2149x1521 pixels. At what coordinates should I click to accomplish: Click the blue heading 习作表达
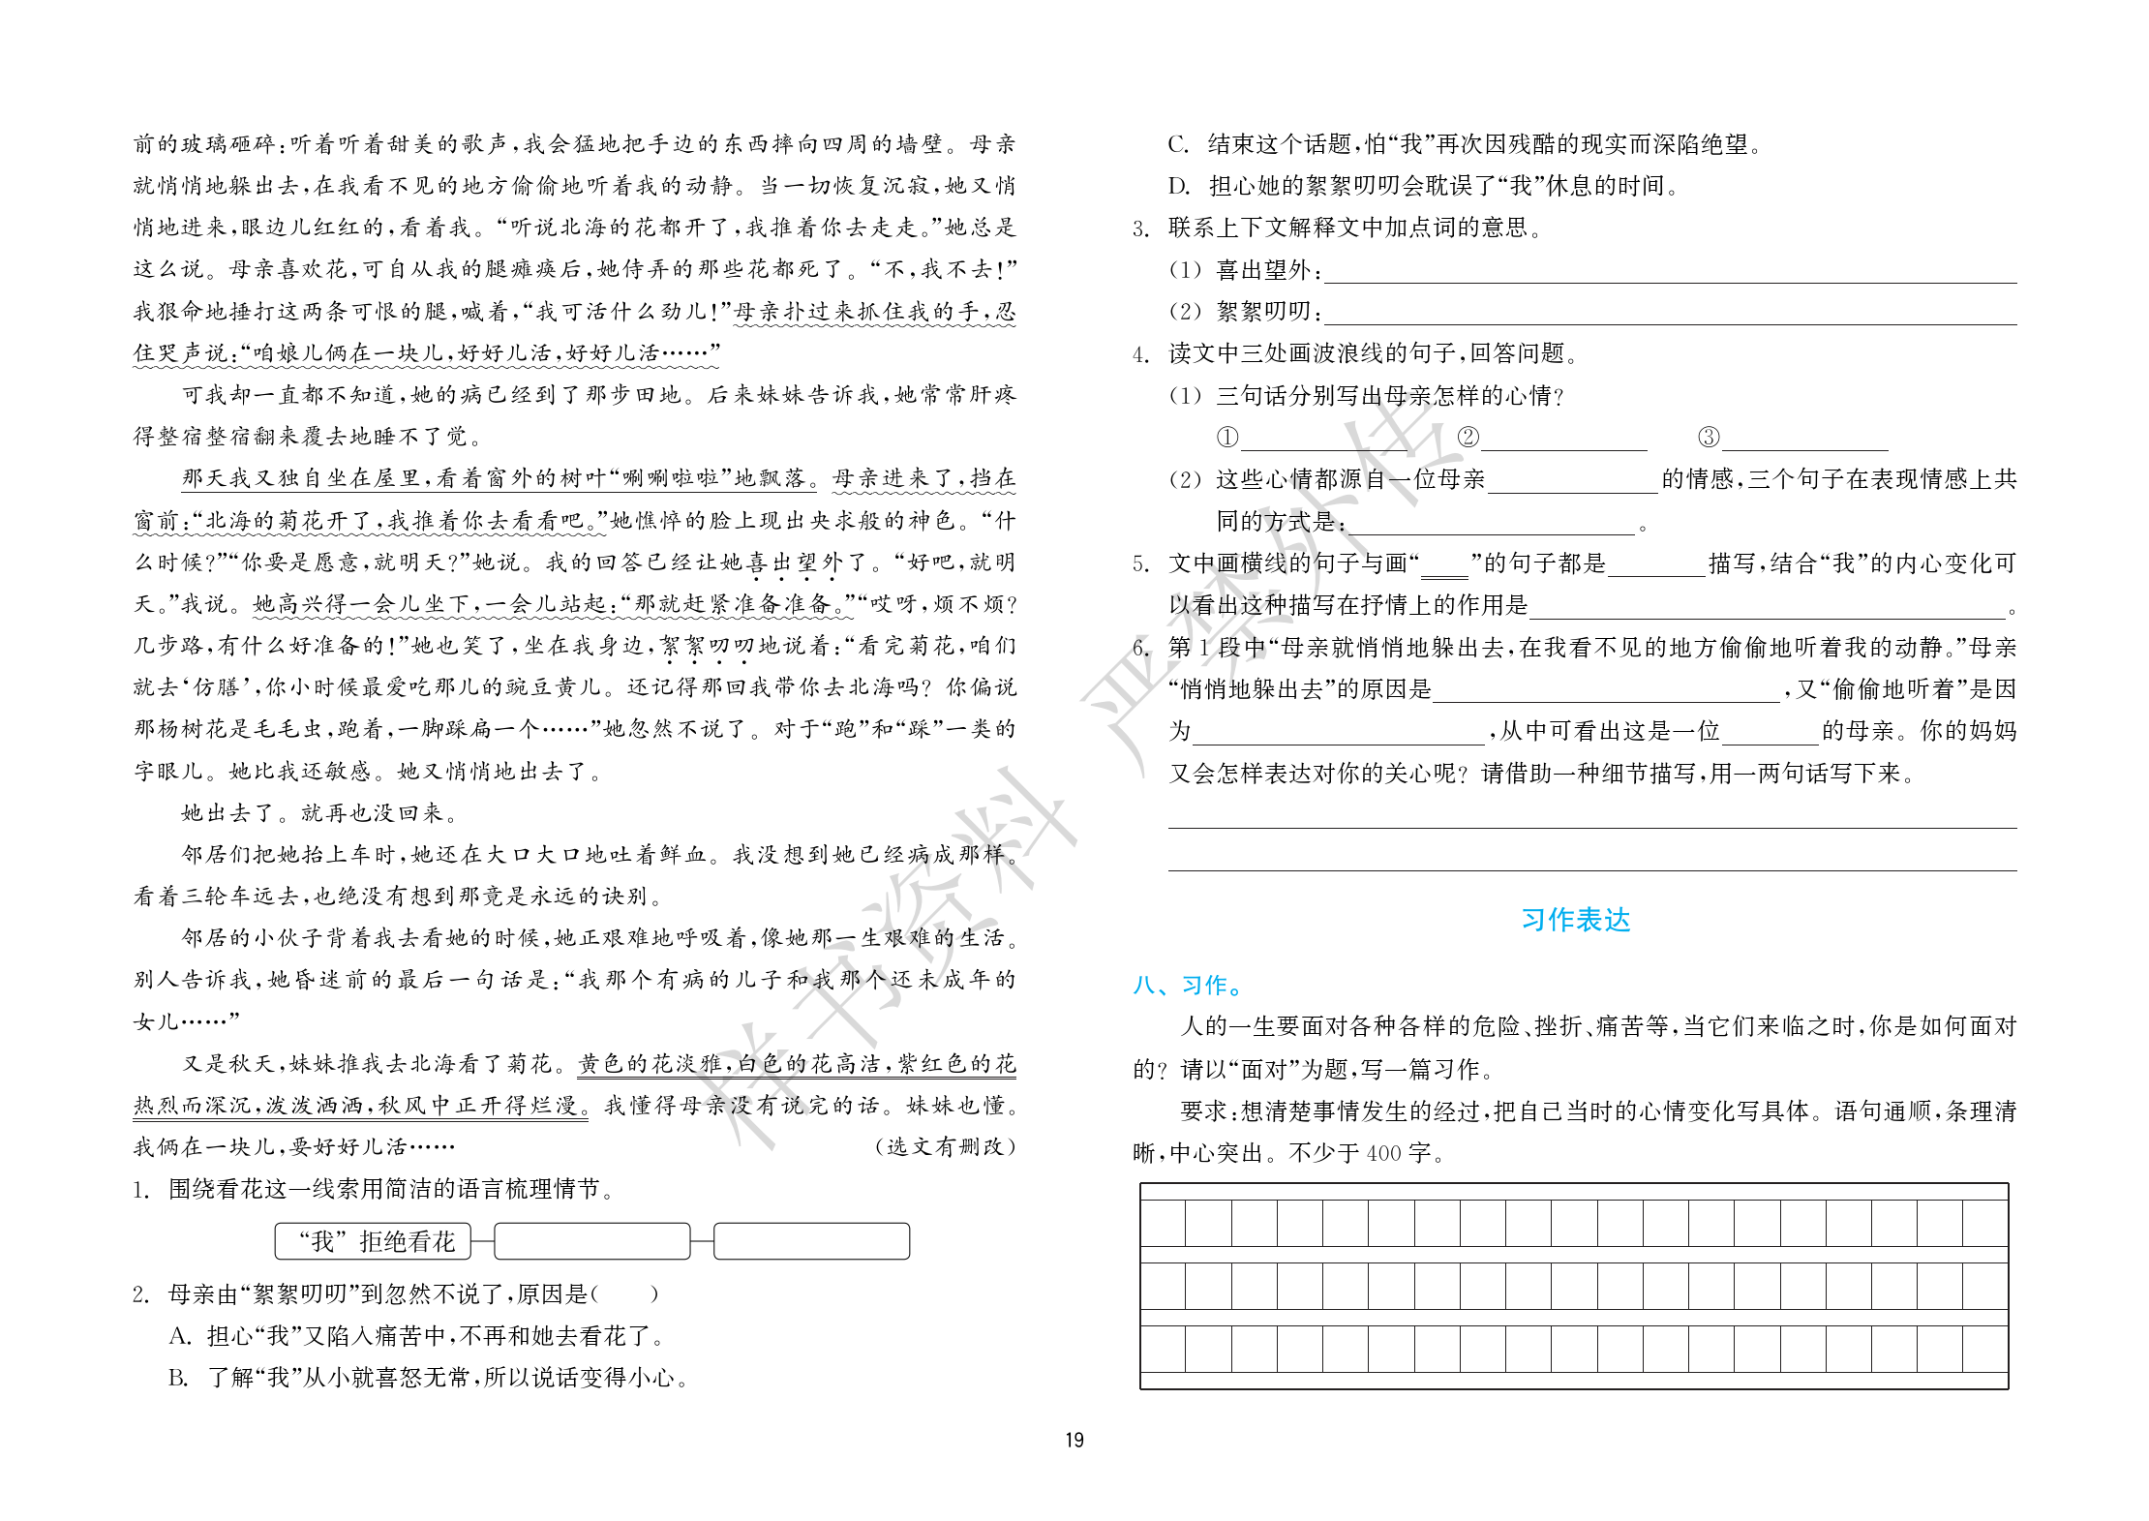1575,920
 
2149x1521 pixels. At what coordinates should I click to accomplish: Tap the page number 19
1074,1440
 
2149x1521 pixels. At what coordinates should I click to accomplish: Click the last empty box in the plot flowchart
811,1241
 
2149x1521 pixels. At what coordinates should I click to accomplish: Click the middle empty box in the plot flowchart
592,1241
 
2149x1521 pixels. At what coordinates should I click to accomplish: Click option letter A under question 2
179,1336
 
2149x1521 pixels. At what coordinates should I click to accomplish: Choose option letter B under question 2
178,1378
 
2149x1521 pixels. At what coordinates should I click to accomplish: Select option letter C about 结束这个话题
1178,145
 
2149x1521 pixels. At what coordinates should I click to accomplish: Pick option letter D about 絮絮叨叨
1178,186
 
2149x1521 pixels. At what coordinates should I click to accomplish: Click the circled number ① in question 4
1227,438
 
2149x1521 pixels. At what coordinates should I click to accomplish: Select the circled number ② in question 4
1468,438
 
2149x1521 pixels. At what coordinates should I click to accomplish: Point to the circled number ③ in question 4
1709,438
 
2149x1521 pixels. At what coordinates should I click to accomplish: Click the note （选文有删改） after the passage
945,1147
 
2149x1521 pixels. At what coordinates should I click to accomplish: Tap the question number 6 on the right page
1141,648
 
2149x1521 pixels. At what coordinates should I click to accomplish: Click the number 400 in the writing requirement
1383,1153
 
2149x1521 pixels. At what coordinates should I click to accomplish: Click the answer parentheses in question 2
624,1294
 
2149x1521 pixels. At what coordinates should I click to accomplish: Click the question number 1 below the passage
140,1190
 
